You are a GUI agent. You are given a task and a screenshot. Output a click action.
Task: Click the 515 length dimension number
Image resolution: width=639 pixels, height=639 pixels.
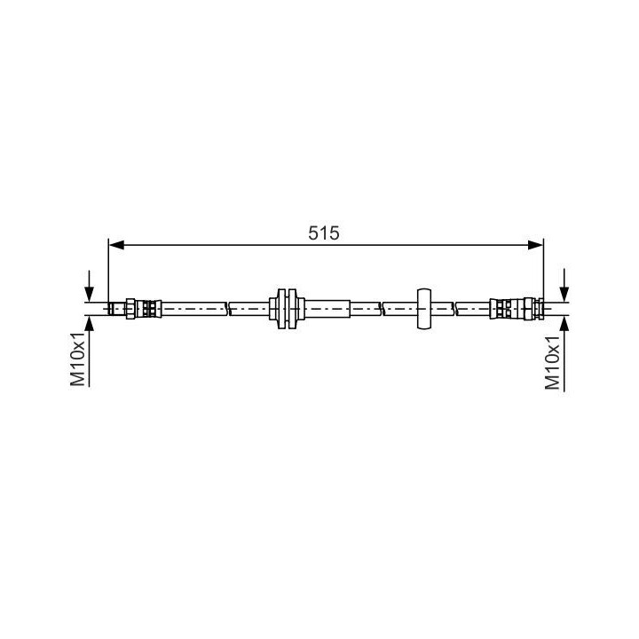pos(324,233)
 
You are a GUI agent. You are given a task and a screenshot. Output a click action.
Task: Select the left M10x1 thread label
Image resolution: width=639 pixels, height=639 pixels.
pos(78,359)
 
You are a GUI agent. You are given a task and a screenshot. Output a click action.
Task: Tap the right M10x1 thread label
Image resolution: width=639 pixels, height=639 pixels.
pos(552,362)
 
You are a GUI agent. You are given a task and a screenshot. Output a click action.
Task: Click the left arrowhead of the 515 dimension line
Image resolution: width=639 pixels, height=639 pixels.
pos(116,245)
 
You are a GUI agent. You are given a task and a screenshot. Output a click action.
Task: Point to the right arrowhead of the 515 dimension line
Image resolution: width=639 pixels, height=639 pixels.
pos(535,245)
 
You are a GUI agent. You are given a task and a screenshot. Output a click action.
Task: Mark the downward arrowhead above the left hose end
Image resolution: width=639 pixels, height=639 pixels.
pos(90,295)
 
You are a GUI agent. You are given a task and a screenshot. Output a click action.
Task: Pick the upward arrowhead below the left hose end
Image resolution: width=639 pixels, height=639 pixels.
pos(90,323)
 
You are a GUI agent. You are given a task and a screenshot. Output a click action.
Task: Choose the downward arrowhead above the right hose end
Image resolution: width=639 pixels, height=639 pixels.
pos(564,295)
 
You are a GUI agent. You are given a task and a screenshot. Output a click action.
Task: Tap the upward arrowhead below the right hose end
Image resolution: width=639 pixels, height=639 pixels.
pos(564,323)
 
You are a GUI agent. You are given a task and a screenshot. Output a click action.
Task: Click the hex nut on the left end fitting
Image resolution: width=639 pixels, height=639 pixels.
pos(130,309)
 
